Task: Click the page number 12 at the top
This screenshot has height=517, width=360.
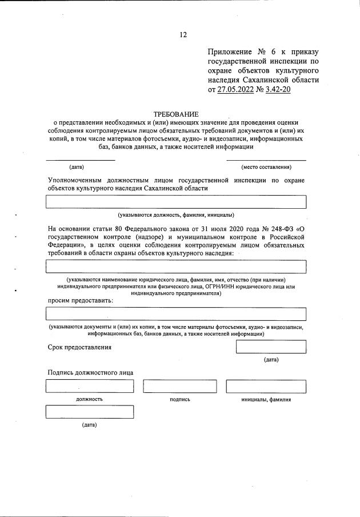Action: click(183, 35)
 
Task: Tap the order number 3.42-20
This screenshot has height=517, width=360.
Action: click(276, 90)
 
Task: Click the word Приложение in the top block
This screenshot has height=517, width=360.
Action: click(231, 52)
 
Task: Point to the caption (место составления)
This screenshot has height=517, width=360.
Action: click(266, 167)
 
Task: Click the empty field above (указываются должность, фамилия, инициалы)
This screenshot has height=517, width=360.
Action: click(176, 202)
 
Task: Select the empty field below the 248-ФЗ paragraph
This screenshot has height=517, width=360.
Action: click(176, 267)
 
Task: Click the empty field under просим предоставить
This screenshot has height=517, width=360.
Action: click(176, 313)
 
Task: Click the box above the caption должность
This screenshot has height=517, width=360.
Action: click(89, 387)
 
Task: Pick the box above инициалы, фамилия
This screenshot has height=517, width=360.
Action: click(266, 387)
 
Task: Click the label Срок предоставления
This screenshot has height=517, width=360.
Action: click(79, 347)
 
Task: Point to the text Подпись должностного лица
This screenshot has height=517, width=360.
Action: click(90, 372)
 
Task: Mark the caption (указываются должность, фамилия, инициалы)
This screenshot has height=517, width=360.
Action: click(176, 215)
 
